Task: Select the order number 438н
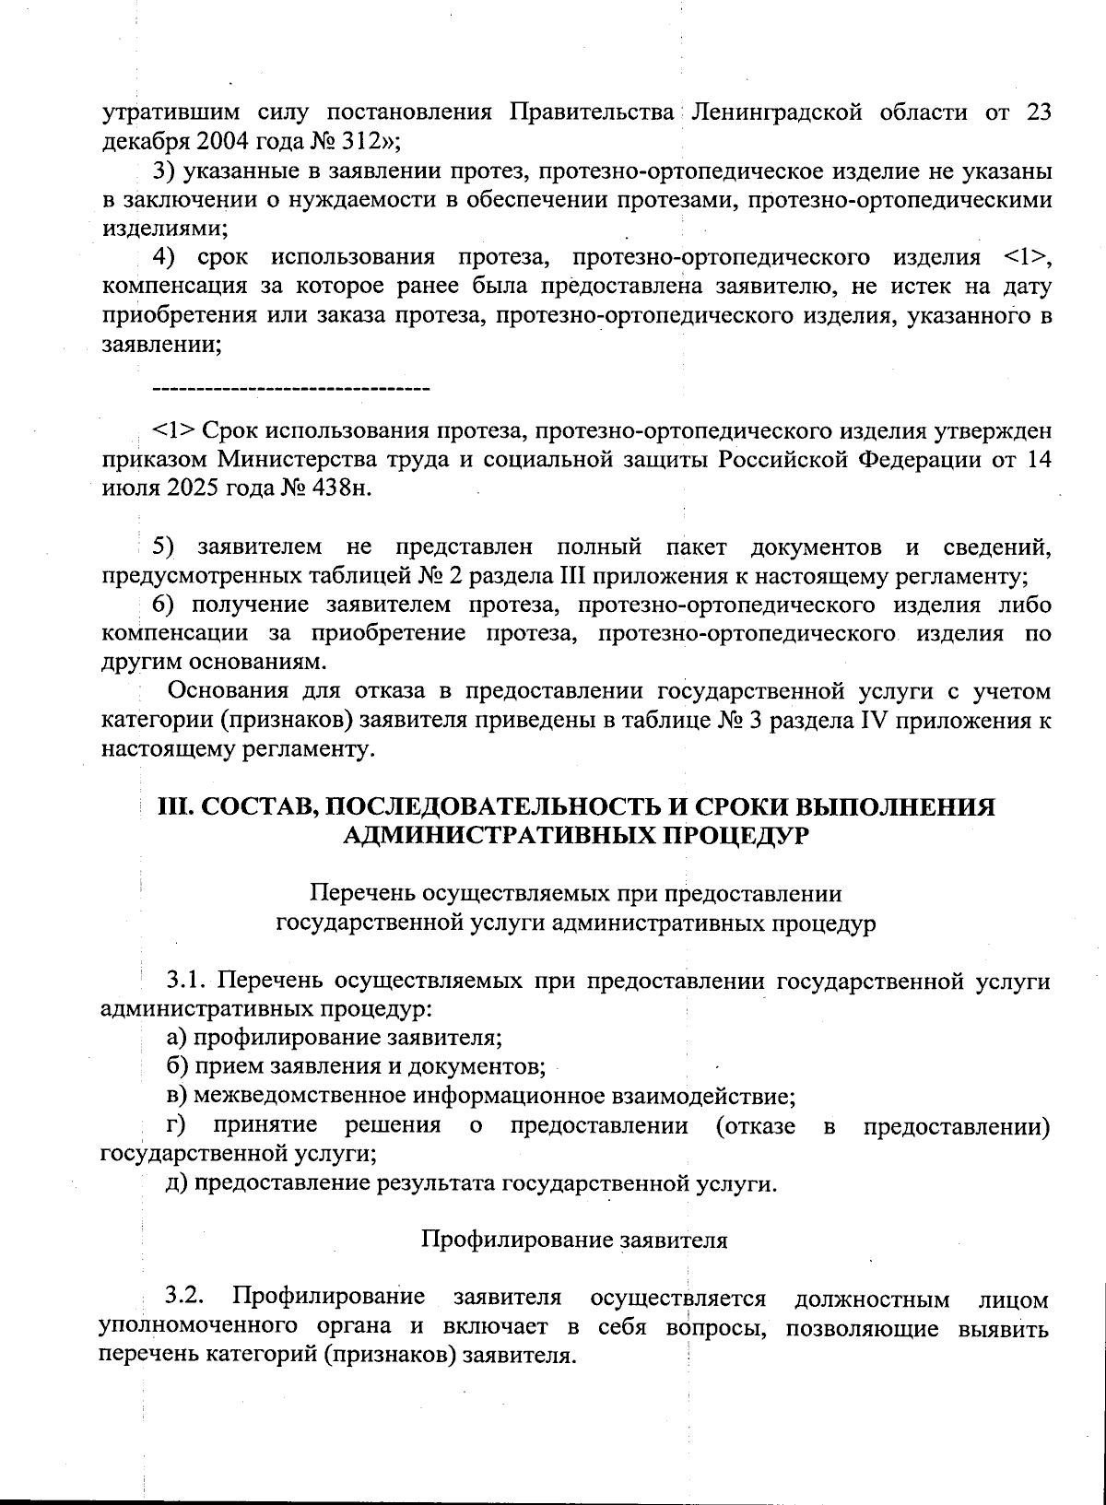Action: point(343,488)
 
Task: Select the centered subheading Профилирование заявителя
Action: point(574,1240)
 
